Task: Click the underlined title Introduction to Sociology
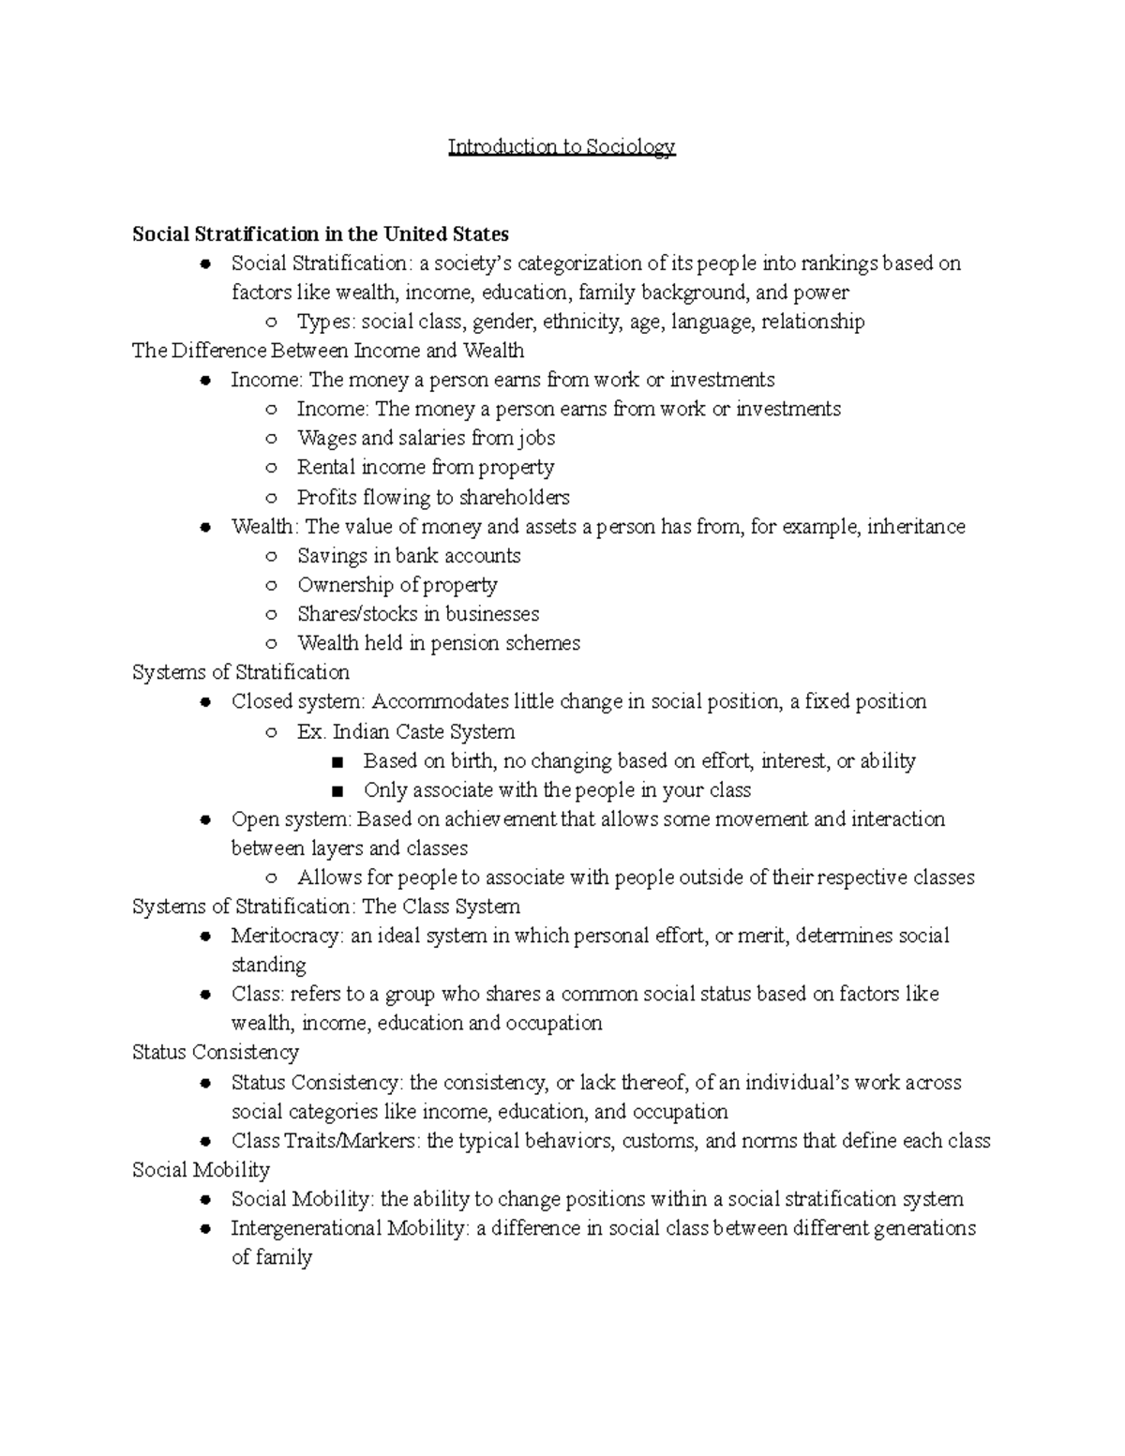coord(561,146)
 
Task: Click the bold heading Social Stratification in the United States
coord(320,233)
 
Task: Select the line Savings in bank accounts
coord(408,556)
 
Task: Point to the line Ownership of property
coord(397,585)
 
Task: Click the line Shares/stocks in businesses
coord(417,614)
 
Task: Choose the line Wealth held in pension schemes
coord(438,643)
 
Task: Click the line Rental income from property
coord(425,467)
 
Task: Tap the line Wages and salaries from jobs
coord(426,438)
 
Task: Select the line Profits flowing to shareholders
coord(432,497)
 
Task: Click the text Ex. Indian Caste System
coord(405,731)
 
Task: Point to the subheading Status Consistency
coord(216,1052)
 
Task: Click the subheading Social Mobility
coord(201,1170)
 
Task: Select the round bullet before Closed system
coord(204,702)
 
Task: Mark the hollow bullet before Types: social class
coord(271,323)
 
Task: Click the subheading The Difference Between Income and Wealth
coord(328,351)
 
